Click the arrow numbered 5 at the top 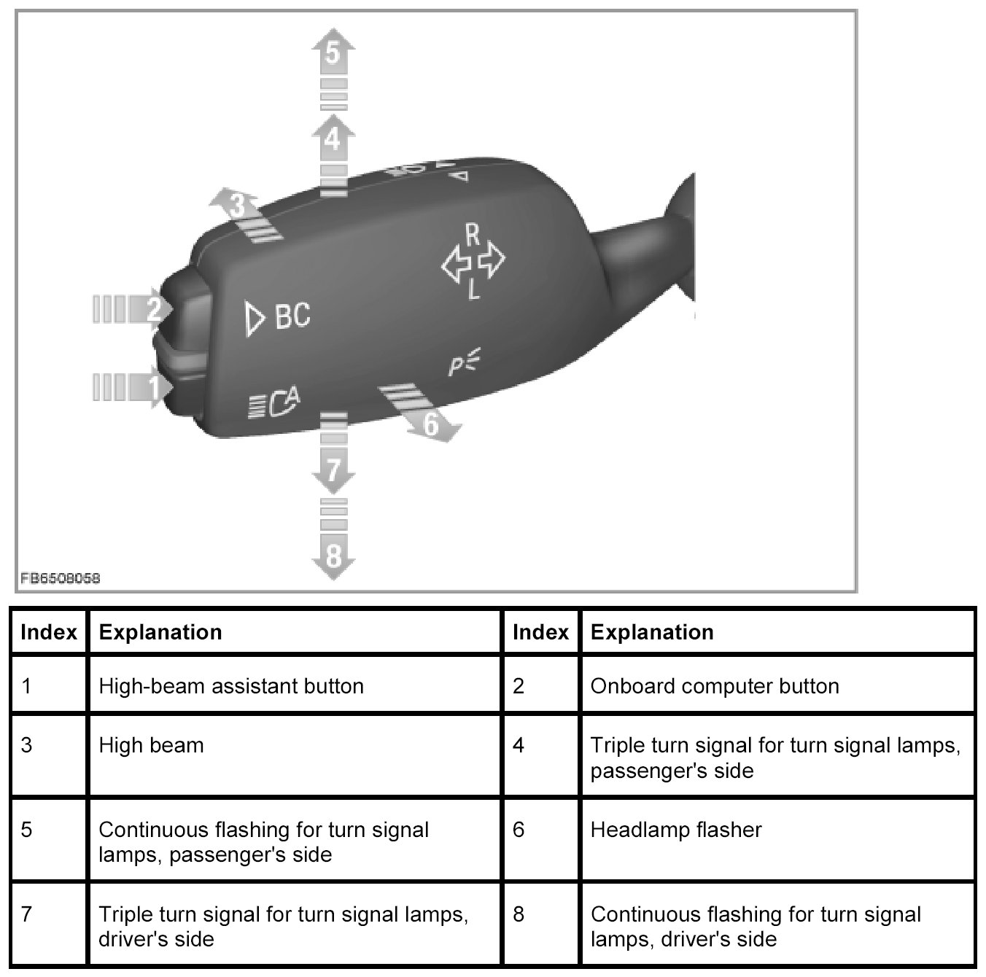point(333,53)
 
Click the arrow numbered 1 point(152,386)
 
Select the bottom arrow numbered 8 point(333,556)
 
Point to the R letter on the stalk point(473,236)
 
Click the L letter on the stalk point(473,292)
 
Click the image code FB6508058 point(61,578)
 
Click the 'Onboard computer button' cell point(777,685)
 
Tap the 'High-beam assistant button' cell point(295,685)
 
